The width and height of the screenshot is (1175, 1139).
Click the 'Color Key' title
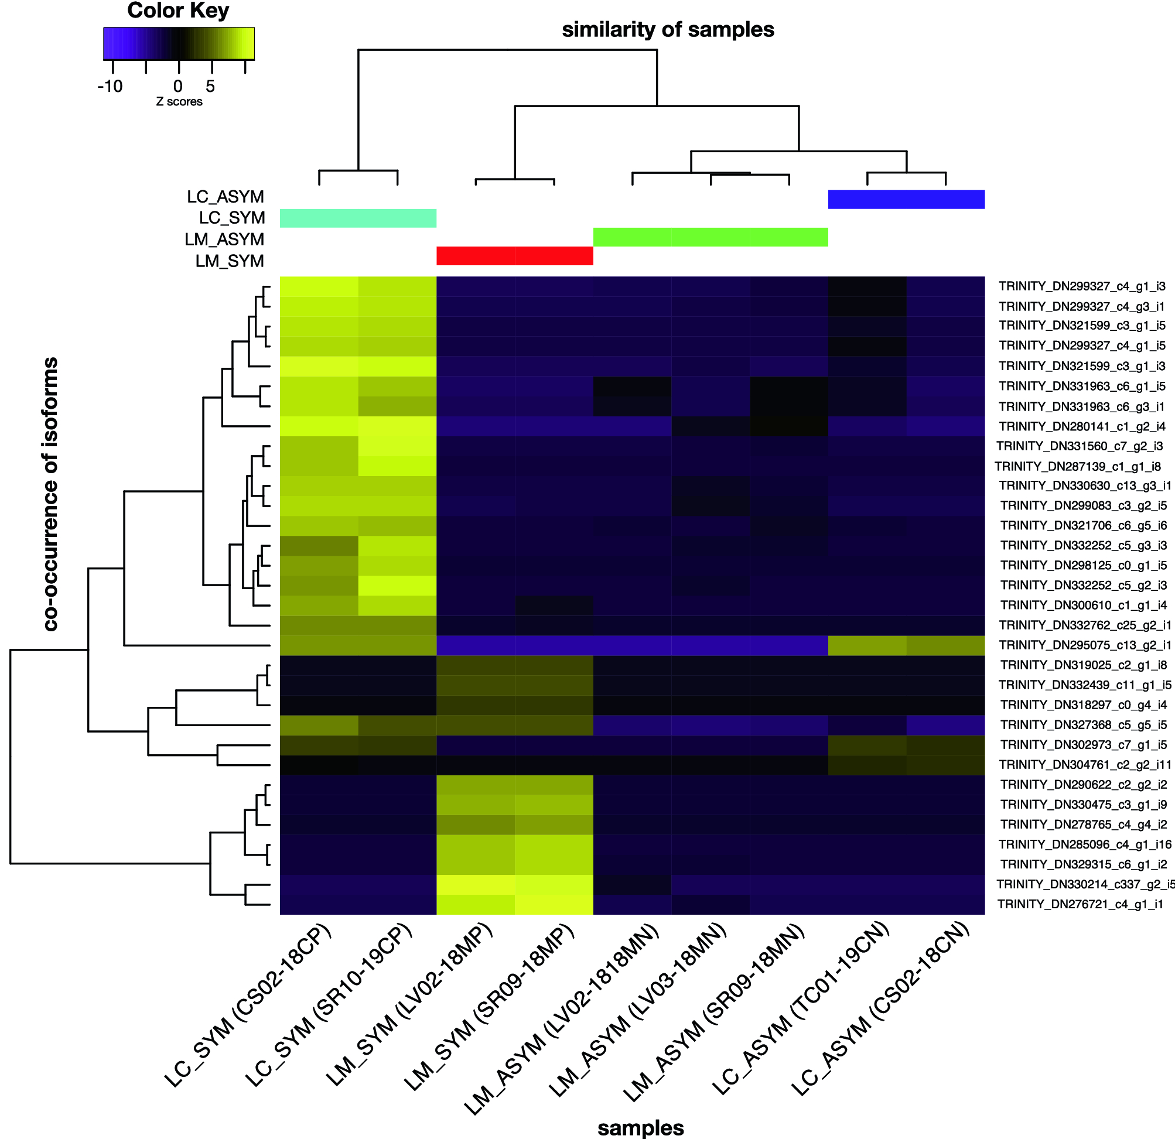[x=178, y=11]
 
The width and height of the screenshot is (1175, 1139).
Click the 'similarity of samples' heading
[x=668, y=30]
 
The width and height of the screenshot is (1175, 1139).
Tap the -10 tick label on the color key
[x=110, y=87]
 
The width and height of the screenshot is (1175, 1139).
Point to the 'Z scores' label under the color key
[x=179, y=102]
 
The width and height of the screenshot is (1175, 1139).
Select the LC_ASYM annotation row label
[x=226, y=197]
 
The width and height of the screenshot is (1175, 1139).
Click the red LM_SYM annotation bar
[x=514, y=256]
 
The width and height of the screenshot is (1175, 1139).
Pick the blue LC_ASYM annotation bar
[x=906, y=200]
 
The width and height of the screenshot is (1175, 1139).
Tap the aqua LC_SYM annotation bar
[x=358, y=218]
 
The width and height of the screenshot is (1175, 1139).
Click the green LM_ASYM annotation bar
[x=711, y=237]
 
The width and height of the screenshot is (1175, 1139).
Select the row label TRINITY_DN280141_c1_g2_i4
[x=1082, y=426]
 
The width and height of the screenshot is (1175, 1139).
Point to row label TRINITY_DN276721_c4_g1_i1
[x=1080, y=904]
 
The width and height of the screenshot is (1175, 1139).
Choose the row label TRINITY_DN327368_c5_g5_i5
[x=1084, y=725]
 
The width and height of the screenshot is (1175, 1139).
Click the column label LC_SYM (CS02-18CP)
[x=249, y=1005]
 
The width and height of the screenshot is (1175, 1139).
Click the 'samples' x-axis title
[x=640, y=1128]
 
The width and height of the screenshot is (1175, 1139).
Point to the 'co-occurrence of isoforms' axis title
[x=51, y=494]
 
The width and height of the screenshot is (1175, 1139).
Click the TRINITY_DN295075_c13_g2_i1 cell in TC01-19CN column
[x=867, y=646]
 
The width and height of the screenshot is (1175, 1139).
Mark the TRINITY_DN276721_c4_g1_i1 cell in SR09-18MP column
[x=554, y=905]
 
